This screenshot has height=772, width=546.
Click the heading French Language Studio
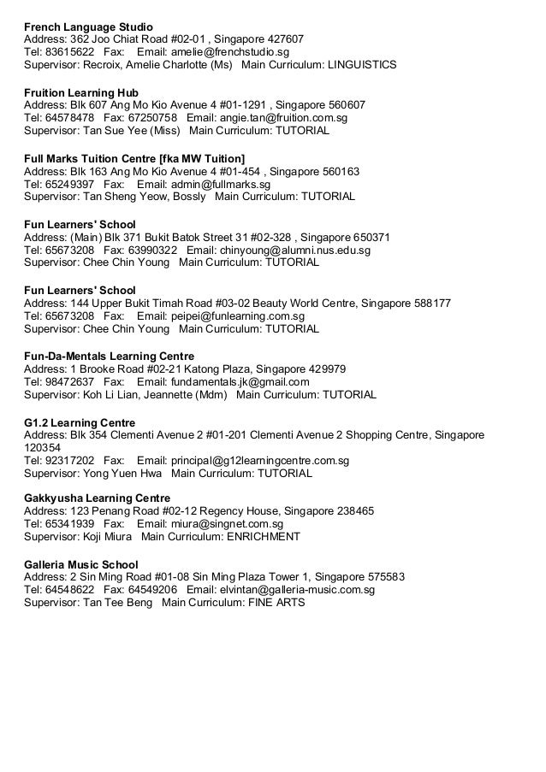click(82, 26)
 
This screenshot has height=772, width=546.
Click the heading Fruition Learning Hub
click(81, 91)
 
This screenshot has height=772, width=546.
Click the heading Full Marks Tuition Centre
click(134, 157)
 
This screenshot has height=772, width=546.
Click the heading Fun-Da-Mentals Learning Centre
click(109, 356)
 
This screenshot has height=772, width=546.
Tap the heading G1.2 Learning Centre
click(79, 422)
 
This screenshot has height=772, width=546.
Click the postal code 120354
click(42, 447)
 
